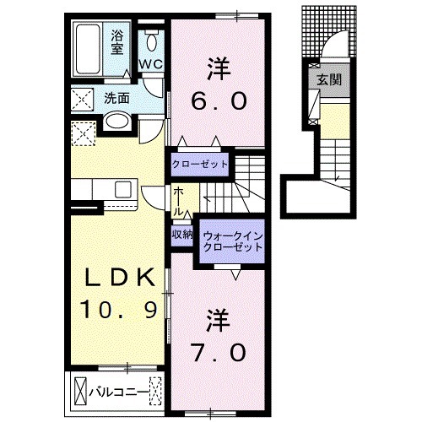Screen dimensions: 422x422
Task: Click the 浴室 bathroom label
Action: pos(118,41)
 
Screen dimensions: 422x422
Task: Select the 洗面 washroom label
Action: pos(116,98)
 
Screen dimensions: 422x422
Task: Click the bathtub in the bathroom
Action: pos(89,42)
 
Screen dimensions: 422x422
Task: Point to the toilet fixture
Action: pos(152,40)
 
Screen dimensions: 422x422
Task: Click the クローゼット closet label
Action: pos(199,163)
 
